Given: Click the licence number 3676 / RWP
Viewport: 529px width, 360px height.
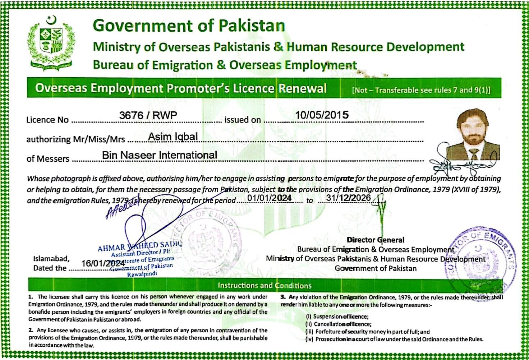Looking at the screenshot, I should pyautogui.click(x=148, y=115).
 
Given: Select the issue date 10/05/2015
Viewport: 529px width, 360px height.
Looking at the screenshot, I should pyautogui.click(x=322, y=115).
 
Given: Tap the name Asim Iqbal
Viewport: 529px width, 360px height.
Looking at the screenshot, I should pyautogui.click(x=173, y=137).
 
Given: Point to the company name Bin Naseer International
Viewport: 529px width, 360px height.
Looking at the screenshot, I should pyautogui.click(x=160, y=155).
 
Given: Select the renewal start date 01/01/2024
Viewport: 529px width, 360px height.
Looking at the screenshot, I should pyautogui.click(x=269, y=198).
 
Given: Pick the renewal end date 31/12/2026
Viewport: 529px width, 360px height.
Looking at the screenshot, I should pyautogui.click(x=348, y=198).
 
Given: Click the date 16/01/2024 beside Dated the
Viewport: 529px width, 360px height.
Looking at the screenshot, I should pyautogui.click(x=103, y=263).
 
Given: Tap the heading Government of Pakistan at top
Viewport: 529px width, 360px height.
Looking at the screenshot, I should pyautogui.click(x=189, y=26).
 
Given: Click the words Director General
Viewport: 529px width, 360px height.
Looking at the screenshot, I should pyautogui.click(x=376, y=240).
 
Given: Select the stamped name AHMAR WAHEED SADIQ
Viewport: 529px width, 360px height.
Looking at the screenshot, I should pyautogui.click(x=140, y=246).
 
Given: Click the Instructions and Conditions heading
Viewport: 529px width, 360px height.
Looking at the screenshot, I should pyautogui.click(x=264, y=286).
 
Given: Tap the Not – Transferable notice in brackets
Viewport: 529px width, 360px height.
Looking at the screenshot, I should pyautogui.click(x=421, y=90).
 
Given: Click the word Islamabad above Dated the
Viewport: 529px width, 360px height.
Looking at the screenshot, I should pyautogui.click(x=51, y=259).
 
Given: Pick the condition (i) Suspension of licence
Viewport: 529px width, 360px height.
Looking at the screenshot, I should pyautogui.click(x=337, y=317).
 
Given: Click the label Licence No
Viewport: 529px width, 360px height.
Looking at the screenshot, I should pyautogui.click(x=47, y=120).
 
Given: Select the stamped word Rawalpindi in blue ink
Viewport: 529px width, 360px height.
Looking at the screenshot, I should pyautogui.click(x=142, y=274).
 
